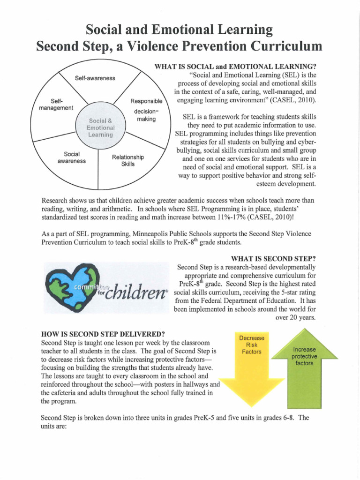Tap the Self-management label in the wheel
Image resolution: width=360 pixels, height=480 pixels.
(x=56, y=105)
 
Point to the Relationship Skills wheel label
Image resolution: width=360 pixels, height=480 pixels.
(x=128, y=160)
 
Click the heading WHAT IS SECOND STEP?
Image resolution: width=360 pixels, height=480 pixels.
(x=274, y=259)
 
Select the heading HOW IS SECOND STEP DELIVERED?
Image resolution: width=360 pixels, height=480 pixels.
(x=103, y=334)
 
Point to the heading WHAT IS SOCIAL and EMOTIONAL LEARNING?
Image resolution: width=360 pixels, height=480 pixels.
(x=238, y=67)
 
